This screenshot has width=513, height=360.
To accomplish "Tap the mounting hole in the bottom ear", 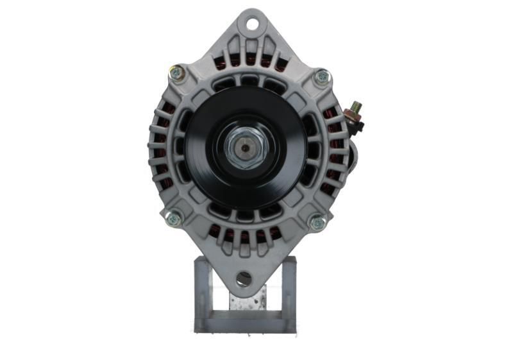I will pyautogui.click(x=244, y=278).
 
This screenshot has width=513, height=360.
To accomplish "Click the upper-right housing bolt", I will pyautogui.click(x=321, y=77).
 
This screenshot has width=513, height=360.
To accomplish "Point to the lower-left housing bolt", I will pyautogui.click(x=172, y=219).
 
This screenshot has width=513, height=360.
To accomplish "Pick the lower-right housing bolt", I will pyautogui.click(x=317, y=223).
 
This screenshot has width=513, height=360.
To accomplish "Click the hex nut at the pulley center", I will pyautogui.click(x=248, y=148).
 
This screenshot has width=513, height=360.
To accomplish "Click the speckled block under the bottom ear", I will pyautogui.click(x=247, y=302).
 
